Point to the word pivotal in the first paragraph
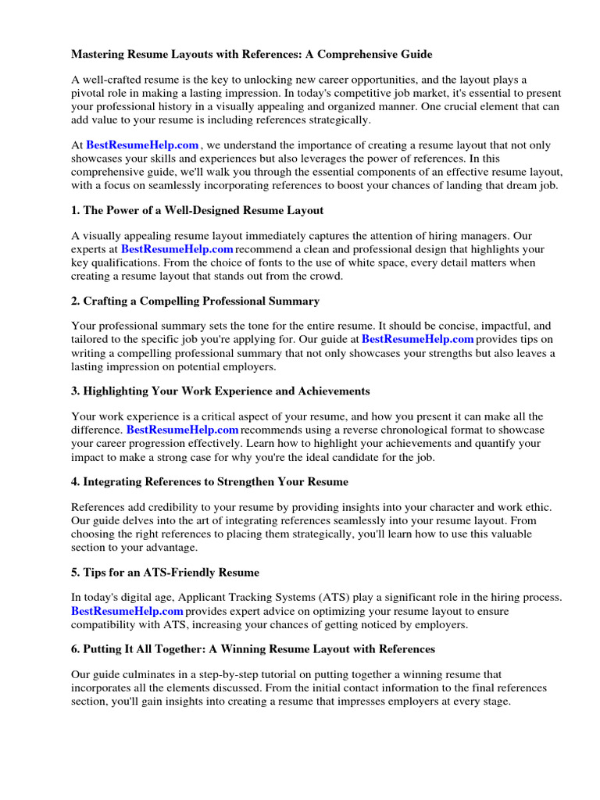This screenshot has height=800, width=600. click(91, 93)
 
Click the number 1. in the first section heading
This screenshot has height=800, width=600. click(76, 211)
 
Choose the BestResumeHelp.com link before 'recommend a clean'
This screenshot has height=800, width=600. click(177, 249)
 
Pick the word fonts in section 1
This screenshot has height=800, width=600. click(270, 262)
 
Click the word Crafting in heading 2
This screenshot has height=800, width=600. click(106, 302)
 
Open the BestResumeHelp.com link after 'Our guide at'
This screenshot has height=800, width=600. click(418, 340)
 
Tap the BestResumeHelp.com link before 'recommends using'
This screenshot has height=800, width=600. click(182, 430)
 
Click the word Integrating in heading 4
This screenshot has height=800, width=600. click(113, 482)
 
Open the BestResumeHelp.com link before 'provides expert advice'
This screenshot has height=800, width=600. click(127, 611)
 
